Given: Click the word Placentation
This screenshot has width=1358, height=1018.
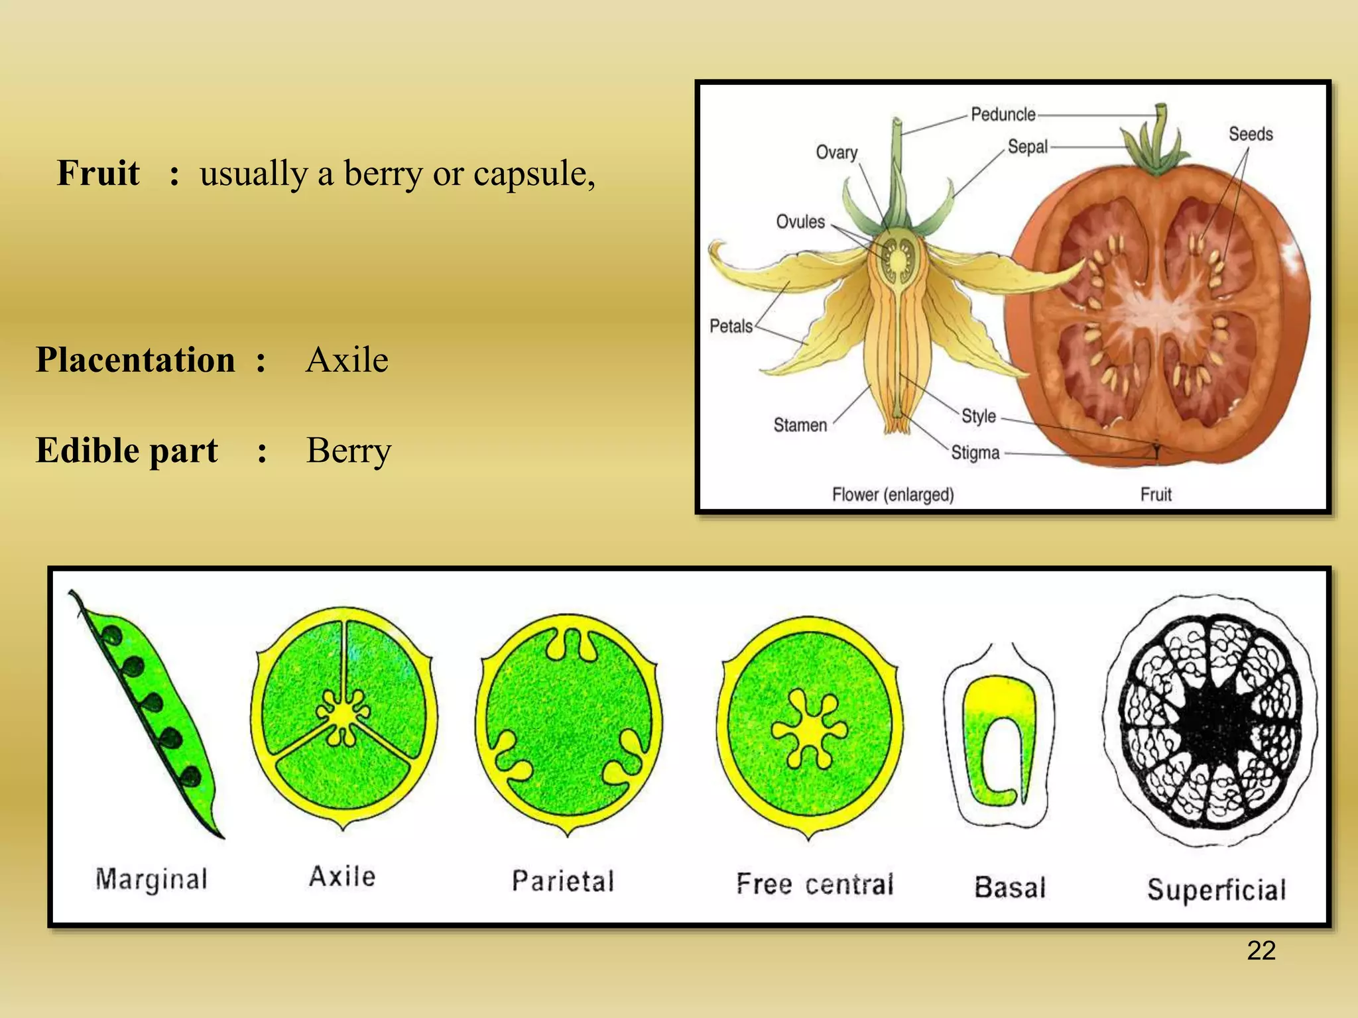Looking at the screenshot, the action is (x=135, y=360).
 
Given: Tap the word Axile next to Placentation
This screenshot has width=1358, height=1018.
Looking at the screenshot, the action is (x=347, y=360).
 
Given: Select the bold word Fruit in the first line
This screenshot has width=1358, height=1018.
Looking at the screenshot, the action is (x=98, y=173).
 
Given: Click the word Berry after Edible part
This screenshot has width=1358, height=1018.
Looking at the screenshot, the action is (x=349, y=451).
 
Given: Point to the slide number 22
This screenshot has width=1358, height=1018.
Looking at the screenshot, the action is (x=1261, y=950).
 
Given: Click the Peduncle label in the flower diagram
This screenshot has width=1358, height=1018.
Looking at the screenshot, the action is (x=1003, y=115).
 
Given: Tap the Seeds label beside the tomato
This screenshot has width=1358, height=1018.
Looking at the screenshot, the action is (x=1251, y=134).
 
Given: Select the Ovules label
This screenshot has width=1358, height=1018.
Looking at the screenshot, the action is (x=800, y=221).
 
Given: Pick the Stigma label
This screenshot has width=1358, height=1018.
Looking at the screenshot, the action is (x=975, y=453).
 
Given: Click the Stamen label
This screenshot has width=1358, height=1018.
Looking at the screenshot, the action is (x=800, y=425).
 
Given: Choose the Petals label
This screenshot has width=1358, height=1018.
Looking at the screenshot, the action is (x=731, y=326).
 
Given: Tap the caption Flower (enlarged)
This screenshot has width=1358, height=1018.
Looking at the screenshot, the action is (x=893, y=494).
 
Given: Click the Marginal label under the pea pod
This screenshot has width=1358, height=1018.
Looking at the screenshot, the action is (x=152, y=880).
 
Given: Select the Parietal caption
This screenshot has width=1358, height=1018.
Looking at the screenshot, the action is (x=563, y=881).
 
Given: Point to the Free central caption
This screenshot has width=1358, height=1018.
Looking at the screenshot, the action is (x=815, y=884).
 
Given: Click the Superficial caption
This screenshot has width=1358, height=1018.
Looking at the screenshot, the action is (x=1217, y=889).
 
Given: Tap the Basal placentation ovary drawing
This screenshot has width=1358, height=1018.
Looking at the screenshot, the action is (x=999, y=736).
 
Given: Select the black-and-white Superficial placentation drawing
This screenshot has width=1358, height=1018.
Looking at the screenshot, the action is (x=1211, y=720).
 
